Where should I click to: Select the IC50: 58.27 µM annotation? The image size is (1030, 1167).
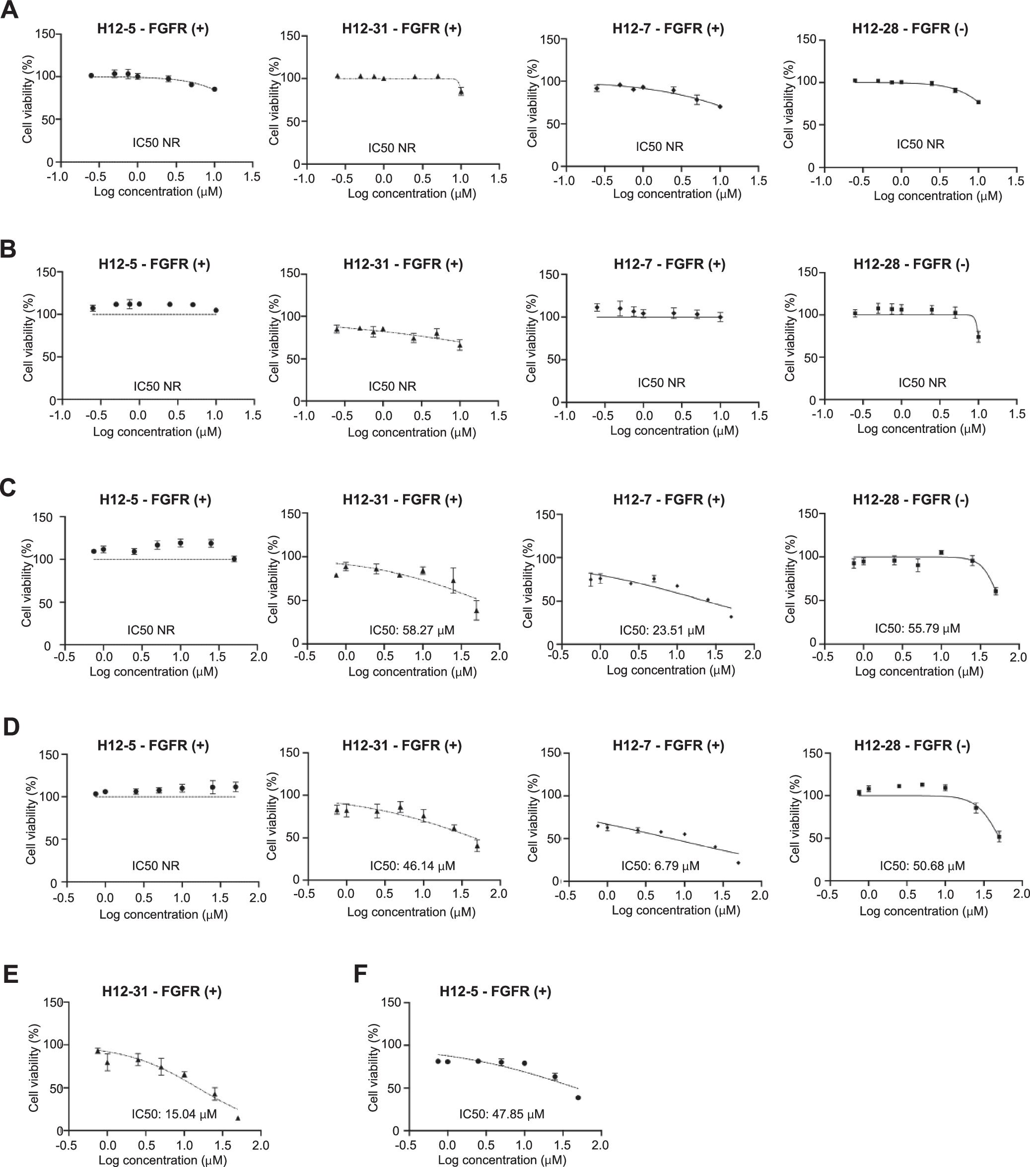coord(412,630)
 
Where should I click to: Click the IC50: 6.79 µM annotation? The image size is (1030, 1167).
coord(660,866)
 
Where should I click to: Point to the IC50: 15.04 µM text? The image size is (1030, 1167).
coord(174,1113)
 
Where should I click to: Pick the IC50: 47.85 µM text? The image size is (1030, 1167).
coord(501,1113)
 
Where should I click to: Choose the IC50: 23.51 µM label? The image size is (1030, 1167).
coord(662,630)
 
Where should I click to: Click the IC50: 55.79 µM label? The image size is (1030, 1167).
coord(917,628)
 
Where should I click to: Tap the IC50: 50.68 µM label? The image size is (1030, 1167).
coord(922,866)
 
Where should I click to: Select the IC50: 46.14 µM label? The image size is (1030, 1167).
coord(412,866)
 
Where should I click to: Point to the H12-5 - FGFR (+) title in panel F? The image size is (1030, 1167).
coord(495,991)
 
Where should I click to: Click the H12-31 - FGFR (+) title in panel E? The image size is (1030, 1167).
coord(162,991)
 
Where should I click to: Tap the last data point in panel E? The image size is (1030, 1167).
coord(237,1118)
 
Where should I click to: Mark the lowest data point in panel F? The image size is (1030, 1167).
coord(578,1098)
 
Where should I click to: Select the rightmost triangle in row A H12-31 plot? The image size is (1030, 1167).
coord(461,91)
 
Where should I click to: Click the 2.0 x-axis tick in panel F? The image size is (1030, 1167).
coord(600,1145)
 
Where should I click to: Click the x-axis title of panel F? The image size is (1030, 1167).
coord(502,1160)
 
